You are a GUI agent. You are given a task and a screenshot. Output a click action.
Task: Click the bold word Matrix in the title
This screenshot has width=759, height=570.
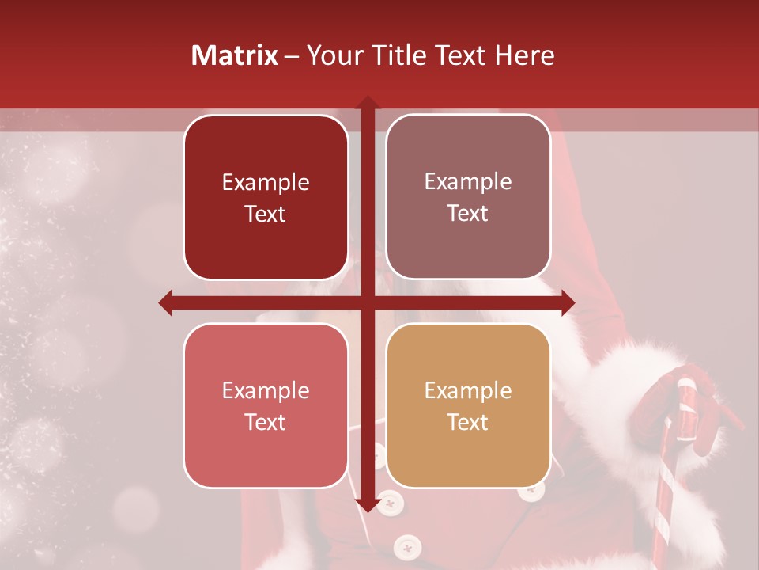click(x=235, y=55)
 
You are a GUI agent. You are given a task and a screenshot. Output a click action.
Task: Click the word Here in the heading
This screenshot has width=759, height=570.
click(x=525, y=55)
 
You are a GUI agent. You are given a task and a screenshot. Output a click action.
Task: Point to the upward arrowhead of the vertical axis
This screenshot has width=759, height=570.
click(x=367, y=103)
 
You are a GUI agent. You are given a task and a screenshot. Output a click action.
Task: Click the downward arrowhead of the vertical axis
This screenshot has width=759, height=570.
click(x=367, y=505)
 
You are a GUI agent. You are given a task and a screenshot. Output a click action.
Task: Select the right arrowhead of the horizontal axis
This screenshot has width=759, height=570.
click(x=568, y=302)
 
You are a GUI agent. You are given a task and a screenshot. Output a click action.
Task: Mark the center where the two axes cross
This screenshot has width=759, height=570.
click(x=367, y=302)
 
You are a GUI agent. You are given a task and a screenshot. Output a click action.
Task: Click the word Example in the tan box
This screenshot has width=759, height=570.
click(x=468, y=390)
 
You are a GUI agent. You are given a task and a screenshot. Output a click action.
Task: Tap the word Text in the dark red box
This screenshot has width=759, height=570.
click(x=266, y=214)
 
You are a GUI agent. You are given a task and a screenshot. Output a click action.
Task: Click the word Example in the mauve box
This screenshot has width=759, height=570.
click(x=468, y=181)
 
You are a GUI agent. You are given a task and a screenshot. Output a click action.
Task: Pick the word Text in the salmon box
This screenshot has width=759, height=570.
click(x=266, y=422)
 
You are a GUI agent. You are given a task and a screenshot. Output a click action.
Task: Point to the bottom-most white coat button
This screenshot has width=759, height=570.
click(x=406, y=545)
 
